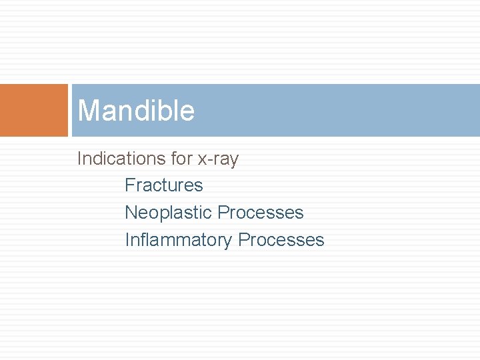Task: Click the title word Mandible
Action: click(x=136, y=111)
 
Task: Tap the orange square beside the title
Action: click(x=33, y=110)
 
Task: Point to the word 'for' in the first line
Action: click(x=179, y=159)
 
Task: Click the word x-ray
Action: click(x=218, y=159)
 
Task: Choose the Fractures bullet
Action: click(x=164, y=185)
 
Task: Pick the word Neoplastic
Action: click(x=168, y=213)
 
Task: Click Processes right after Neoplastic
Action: click(x=261, y=213)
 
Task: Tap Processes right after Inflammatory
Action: click(x=281, y=240)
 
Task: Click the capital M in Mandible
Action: click(x=87, y=111)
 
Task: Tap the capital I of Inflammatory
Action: click(x=127, y=240)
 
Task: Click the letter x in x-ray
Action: click(x=202, y=160)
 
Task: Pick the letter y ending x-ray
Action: click(x=233, y=161)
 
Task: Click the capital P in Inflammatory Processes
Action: click(x=243, y=240)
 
